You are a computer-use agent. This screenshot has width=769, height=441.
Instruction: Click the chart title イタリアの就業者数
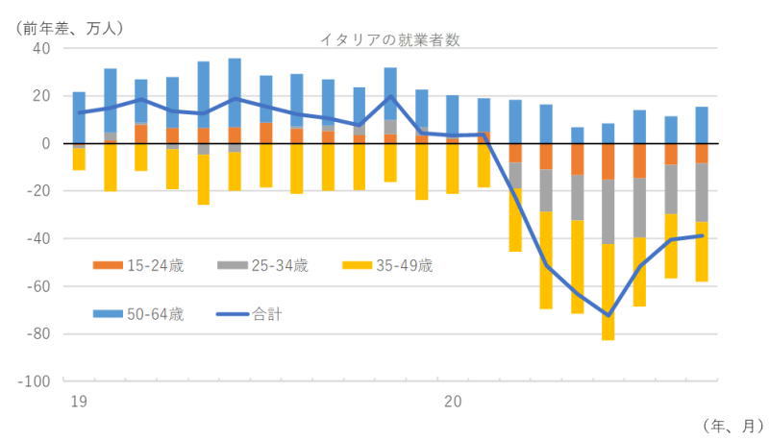coord(392,38)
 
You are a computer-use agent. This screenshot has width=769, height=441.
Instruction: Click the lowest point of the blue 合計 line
coord(608,315)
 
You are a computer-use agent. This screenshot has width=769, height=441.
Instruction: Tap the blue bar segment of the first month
coord(79,117)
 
